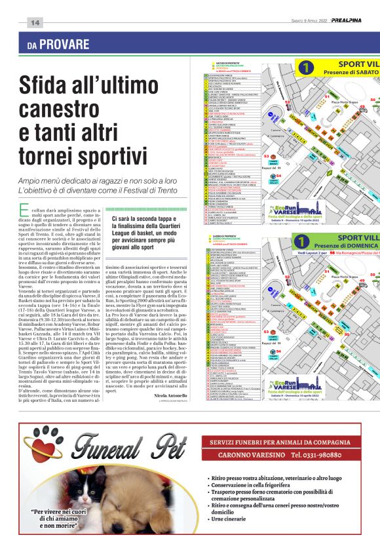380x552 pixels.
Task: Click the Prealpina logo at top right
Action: [354, 20]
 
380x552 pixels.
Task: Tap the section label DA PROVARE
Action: [58, 45]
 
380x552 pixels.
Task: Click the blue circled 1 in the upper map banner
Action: [305, 67]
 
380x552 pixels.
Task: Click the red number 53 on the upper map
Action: [266, 157]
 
